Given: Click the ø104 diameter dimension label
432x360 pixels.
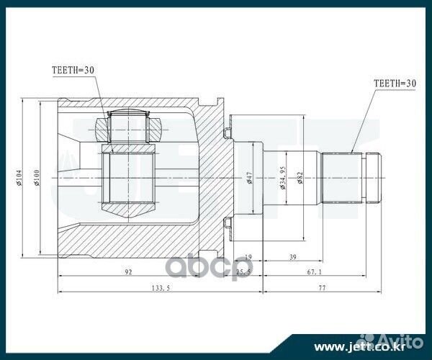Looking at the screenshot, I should coord(22,177).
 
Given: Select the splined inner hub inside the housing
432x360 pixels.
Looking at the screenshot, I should coord(128,177).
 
